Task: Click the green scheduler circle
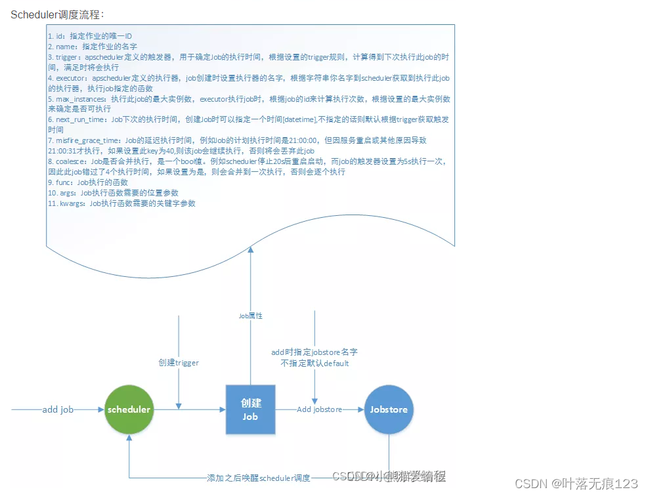click(x=129, y=409)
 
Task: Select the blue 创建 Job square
click(x=250, y=409)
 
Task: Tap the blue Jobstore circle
click(x=389, y=409)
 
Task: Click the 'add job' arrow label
click(x=58, y=409)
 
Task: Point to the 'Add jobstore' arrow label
click(x=319, y=409)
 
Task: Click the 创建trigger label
click(x=179, y=362)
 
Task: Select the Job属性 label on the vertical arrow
click(x=250, y=316)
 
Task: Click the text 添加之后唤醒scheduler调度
click(x=259, y=478)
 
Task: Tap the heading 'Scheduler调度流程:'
click(x=57, y=14)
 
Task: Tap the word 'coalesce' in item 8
click(x=71, y=161)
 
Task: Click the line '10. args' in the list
click(x=113, y=193)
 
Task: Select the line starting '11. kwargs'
click(x=121, y=203)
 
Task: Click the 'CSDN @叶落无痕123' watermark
click(x=576, y=484)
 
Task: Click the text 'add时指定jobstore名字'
click(x=314, y=352)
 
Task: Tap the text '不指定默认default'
click(x=314, y=363)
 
